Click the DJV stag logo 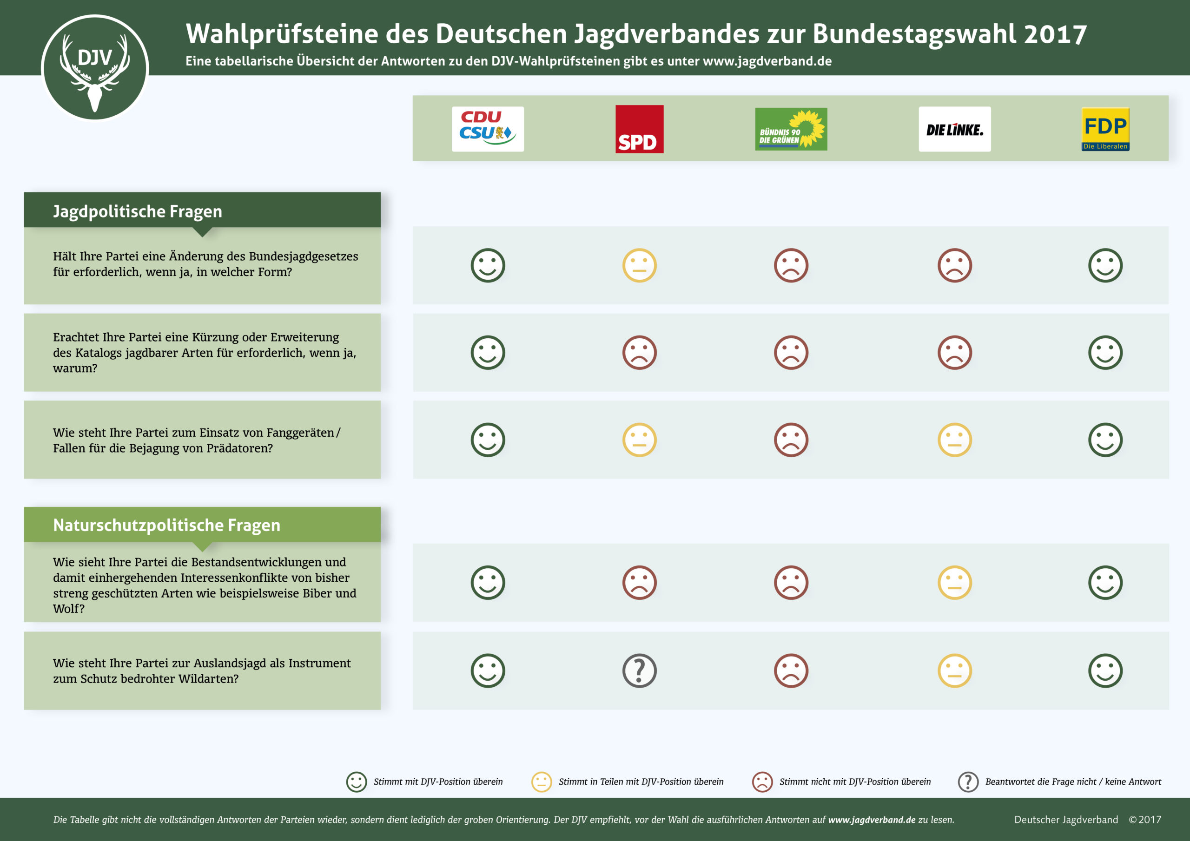(95, 68)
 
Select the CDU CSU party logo (488, 129)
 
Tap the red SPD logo (639, 129)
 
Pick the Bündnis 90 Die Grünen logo (791, 129)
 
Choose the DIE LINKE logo (954, 129)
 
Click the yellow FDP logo (1105, 129)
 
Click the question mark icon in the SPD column (639, 670)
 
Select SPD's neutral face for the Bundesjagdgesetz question (639, 265)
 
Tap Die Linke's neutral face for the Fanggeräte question (954, 440)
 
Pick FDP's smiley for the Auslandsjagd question (1105, 670)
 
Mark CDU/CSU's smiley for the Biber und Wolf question (488, 583)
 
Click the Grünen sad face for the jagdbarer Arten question (791, 352)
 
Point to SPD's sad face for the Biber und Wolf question (639, 583)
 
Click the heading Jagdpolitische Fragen (137, 211)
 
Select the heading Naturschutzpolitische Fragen (166, 525)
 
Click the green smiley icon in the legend (357, 782)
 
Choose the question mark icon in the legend (968, 782)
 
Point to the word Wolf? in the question (68, 609)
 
